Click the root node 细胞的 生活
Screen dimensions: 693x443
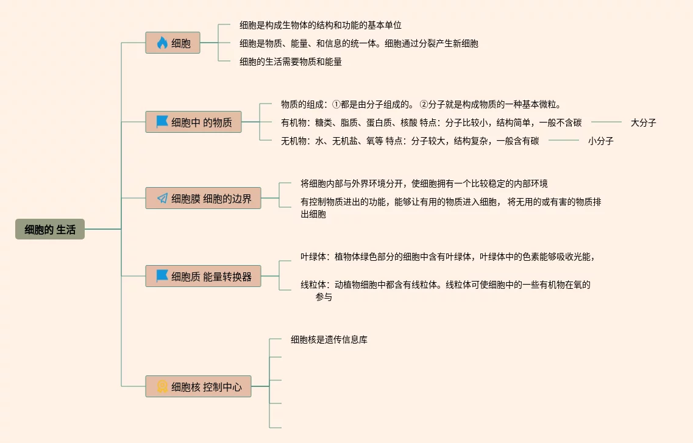[50, 229]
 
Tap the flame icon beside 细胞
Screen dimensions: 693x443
[162, 43]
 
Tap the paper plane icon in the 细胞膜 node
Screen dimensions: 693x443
[162, 198]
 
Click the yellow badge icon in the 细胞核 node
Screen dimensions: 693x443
[162, 386]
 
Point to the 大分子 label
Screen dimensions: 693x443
[643, 122]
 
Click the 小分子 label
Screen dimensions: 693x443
[600, 141]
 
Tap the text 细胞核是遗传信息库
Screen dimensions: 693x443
[329, 339]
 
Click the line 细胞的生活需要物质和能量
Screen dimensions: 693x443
[291, 62]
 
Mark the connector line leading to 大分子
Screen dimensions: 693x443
[606, 122]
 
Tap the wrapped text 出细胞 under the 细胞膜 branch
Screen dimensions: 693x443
[313, 214]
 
